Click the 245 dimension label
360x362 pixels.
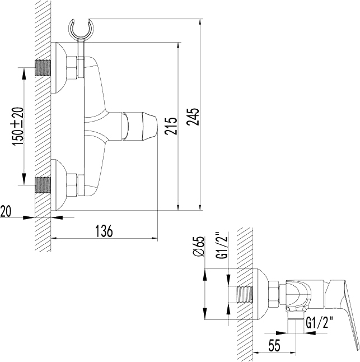coord(193,117)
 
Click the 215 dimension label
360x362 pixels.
coord(171,126)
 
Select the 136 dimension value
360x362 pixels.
coord(104,230)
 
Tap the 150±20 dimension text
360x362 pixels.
coord(18,127)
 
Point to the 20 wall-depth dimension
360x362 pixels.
coord(6,211)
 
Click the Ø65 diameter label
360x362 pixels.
coord(199,247)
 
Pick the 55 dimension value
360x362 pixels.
coord(274,346)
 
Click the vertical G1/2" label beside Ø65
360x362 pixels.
coord(221,245)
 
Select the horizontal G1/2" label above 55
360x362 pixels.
coord(320,323)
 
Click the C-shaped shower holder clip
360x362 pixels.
coord(81,30)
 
